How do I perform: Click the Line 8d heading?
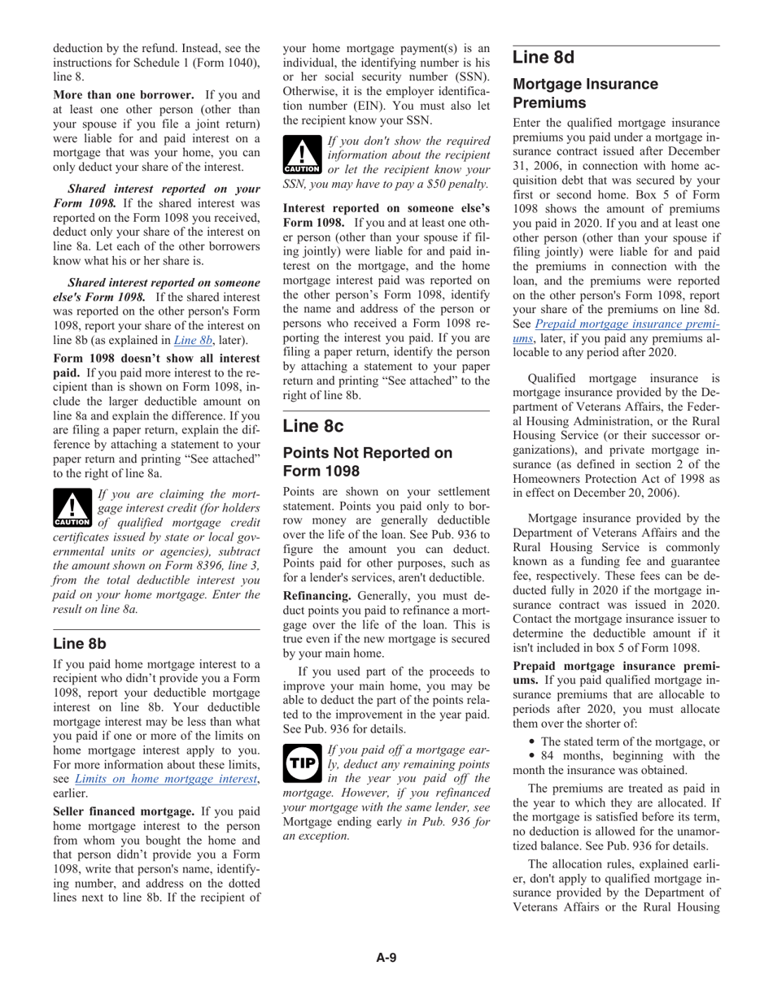[544, 58]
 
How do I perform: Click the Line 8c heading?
[313, 426]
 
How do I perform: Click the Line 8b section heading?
[80, 643]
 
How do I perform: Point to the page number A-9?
[386, 957]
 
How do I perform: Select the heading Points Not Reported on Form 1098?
[367, 462]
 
